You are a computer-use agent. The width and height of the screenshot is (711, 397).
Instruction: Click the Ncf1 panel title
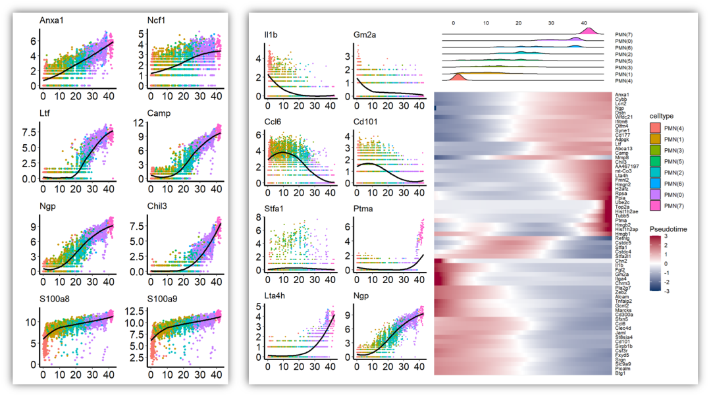pyautogui.click(x=156, y=20)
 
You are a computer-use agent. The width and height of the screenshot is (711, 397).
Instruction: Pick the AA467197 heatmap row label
pyautogui.click(x=627, y=167)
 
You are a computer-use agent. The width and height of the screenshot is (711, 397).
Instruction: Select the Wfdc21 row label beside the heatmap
pyautogui.click(x=625, y=117)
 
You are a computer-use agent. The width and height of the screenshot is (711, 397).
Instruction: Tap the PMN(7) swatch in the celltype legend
pyautogui.click(x=655, y=206)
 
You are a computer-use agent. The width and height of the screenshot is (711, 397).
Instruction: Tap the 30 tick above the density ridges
pyautogui.click(x=551, y=23)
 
